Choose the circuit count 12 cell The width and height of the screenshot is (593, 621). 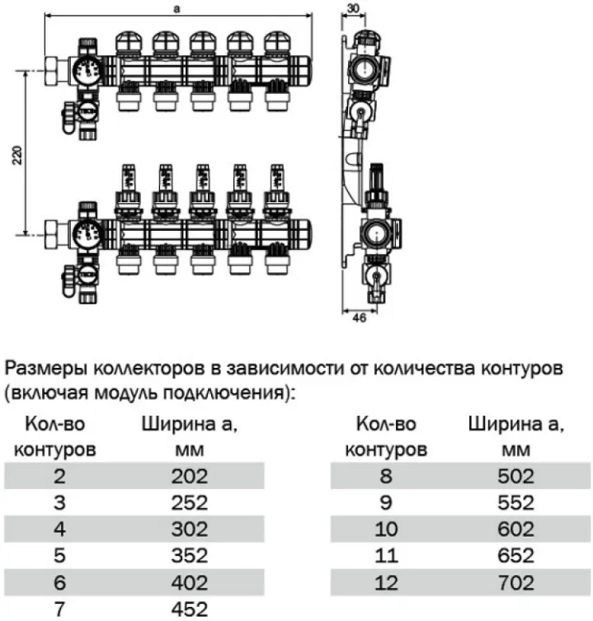tap(385, 582)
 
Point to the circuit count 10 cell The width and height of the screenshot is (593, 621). tap(385, 529)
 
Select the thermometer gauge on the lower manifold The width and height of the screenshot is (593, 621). tap(87, 232)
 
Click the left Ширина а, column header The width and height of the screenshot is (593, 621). tap(189, 426)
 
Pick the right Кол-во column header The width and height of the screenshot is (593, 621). tap(385, 426)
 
